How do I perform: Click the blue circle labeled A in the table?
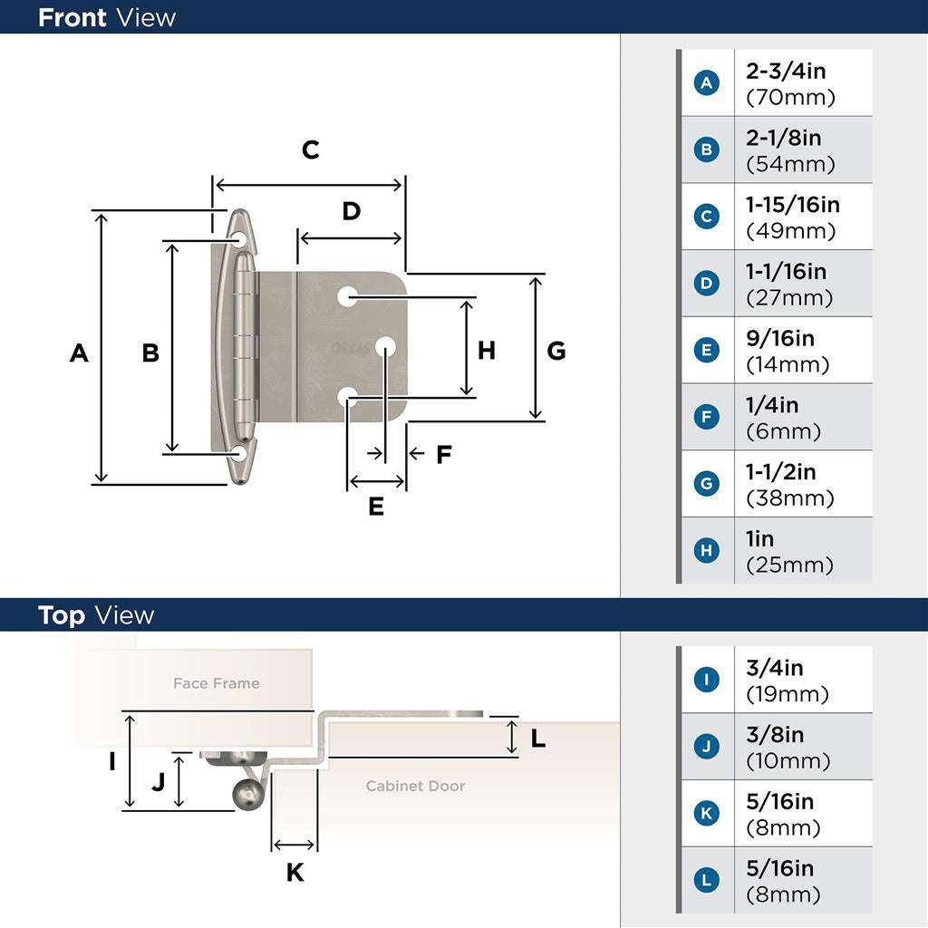click(x=706, y=83)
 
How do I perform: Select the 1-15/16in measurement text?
click(x=792, y=206)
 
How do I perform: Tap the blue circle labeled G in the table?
click(x=706, y=484)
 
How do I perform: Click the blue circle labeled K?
click(x=706, y=814)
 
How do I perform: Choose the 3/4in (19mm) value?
click(x=787, y=681)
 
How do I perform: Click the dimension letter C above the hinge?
click(x=311, y=150)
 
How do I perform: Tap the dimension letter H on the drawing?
click(x=487, y=351)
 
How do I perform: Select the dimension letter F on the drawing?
click(x=443, y=455)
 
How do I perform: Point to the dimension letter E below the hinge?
click(x=376, y=507)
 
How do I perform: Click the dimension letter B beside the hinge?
click(x=150, y=353)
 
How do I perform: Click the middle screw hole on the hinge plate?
click(x=385, y=346)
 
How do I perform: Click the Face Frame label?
click(x=216, y=683)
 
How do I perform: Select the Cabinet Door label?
click(x=415, y=786)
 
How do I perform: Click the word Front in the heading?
click(x=72, y=17)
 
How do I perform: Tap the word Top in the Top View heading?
click(x=62, y=615)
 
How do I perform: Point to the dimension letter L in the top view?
click(x=537, y=739)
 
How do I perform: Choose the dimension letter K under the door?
click(x=295, y=873)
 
